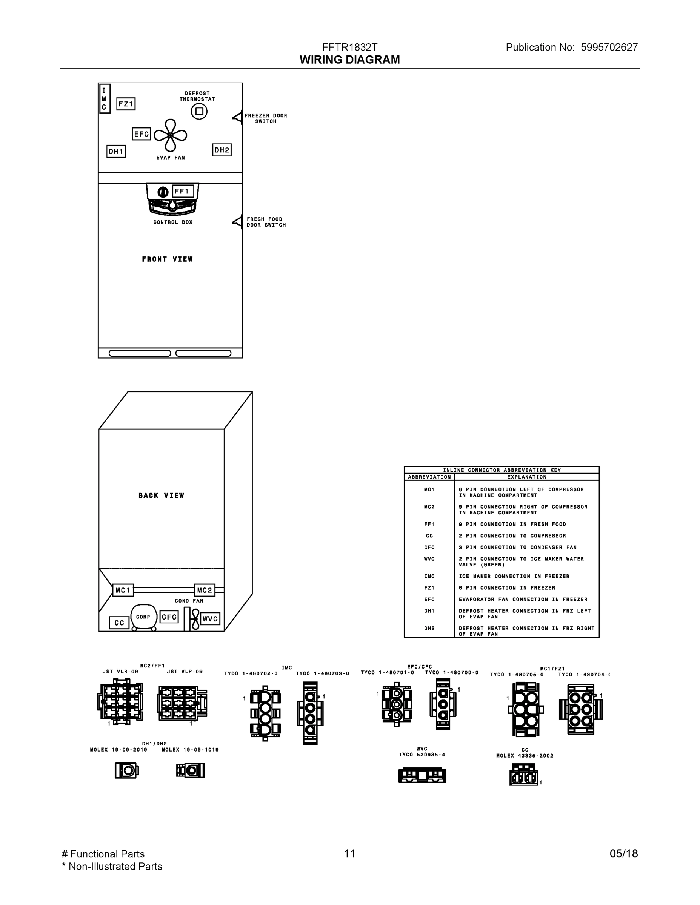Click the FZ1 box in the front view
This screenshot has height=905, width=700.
point(126,104)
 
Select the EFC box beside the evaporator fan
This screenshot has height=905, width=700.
point(141,134)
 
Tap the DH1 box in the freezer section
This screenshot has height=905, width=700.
point(116,151)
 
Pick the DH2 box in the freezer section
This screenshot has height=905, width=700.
point(222,150)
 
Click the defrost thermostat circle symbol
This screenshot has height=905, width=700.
point(199,111)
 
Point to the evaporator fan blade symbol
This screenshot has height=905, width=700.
point(170,135)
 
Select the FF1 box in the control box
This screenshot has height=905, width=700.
point(183,192)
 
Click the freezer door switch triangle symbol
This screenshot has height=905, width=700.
point(237,117)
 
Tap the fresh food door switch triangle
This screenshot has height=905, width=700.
point(237,221)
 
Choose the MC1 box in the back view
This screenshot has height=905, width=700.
point(123,590)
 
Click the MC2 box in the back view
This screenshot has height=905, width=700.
point(205,590)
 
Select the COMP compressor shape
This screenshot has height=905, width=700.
point(143,617)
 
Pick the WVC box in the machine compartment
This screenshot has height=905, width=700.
point(210,619)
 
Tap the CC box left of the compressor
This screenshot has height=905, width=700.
point(119,623)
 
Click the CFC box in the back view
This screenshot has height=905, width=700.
point(169,617)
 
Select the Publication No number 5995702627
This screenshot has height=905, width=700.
point(609,47)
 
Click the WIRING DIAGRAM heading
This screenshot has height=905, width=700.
point(349,60)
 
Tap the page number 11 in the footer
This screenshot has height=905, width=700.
point(349,854)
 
